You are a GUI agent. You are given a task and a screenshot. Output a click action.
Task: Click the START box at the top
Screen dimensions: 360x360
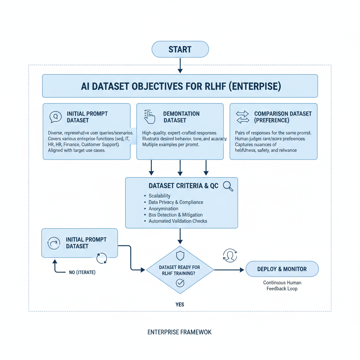[x=180, y=49]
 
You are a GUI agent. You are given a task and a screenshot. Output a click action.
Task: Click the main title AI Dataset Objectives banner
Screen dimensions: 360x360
[x=180, y=86]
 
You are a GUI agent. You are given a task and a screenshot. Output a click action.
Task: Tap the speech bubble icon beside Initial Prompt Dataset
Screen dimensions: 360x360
[x=55, y=117]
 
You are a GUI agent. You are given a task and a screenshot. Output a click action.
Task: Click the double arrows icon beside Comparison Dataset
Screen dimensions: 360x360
[x=242, y=117]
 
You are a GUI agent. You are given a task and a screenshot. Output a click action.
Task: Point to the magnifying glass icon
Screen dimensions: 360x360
[x=228, y=186]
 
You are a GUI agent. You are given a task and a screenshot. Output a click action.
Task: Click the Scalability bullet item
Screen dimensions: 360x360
[x=159, y=196]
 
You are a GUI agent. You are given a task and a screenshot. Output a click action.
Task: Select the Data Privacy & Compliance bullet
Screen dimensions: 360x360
[x=176, y=202]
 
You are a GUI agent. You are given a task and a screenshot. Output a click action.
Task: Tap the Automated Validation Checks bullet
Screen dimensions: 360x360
[x=178, y=221]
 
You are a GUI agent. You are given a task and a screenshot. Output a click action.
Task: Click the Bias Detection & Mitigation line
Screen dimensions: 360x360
[x=175, y=215]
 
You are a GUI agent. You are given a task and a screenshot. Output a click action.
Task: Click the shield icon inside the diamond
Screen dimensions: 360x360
[x=180, y=256]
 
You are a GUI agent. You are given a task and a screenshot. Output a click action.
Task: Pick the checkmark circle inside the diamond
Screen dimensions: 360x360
[x=180, y=282]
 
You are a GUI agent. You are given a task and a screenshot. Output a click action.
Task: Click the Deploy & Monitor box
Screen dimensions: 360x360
[x=282, y=269]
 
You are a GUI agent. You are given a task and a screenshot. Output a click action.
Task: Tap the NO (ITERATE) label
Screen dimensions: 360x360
[x=82, y=272]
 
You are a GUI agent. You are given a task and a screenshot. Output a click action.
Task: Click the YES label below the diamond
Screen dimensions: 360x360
[x=180, y=304]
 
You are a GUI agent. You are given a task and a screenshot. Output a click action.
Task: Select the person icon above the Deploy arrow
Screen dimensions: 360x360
[x=230, y=256]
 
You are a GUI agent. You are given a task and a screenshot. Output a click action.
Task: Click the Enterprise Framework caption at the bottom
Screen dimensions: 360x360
[x=180, y=332]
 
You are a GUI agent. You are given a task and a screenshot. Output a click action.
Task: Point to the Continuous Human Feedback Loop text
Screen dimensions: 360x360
[x=282, y=285]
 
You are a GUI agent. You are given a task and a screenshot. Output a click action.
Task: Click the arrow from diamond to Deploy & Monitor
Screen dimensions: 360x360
[x=229, y=270]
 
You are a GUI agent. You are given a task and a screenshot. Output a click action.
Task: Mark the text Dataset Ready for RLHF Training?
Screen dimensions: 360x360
[x=180, y=270]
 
